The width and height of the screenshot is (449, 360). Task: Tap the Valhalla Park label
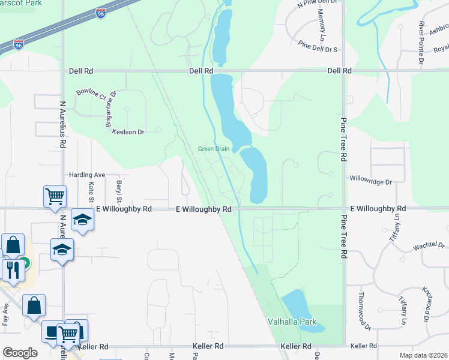[292, 322]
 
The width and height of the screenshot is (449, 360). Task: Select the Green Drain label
[214, 149]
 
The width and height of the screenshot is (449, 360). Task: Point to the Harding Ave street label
[87, 175]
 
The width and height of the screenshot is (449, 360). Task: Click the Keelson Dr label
[128, 132]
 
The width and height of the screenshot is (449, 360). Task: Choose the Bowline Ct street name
[91, 94]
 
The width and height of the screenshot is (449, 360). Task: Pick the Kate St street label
[92, 191]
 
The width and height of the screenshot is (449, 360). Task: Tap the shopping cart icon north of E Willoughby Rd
[55, 196]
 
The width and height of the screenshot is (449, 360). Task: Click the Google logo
[20, 353]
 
